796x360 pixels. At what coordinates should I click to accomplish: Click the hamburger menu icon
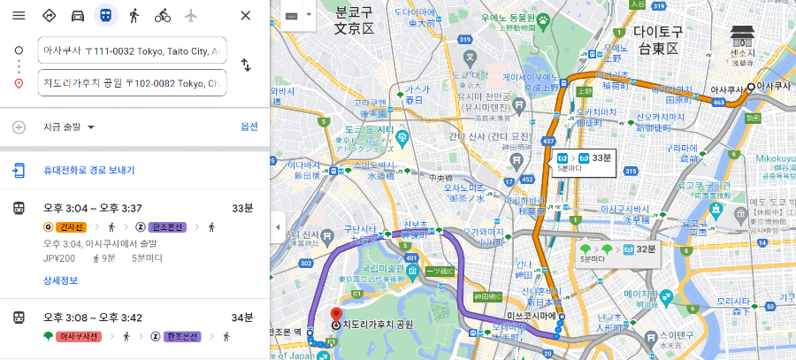[x=19, y=16]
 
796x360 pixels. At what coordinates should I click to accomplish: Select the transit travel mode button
[x=105, y=16]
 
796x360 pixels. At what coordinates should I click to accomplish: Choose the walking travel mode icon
[x=134, y=16]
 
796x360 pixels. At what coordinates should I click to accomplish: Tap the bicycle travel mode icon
[x=162, y=16]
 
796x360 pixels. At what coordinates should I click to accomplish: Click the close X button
[x=246, y=16]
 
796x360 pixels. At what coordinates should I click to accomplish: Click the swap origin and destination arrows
[x=246, y=65]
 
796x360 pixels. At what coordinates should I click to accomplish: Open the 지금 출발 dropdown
[x=69, y=127]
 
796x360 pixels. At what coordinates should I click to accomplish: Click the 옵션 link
[x=249, y=126]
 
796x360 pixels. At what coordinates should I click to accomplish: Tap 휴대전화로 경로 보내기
[x=89, y=170]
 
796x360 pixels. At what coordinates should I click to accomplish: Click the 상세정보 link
[x=61, y=280]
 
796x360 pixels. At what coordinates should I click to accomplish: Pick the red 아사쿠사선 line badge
[x=79, y=336]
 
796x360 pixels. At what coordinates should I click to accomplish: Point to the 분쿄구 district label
[x=354, y=21]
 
